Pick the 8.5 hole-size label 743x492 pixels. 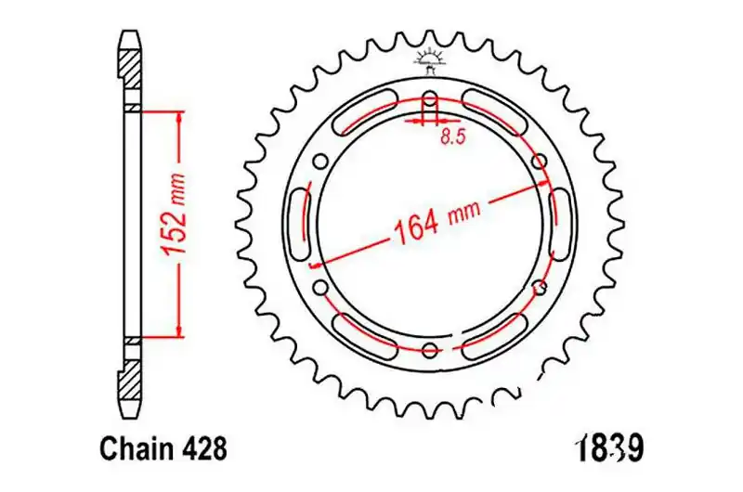tap(453, 136)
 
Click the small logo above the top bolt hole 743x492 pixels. tap(430, 61)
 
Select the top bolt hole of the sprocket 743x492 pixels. tap(430, 101)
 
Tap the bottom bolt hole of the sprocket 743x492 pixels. tap(430, 350)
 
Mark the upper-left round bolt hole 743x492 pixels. tap(321, 162)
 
